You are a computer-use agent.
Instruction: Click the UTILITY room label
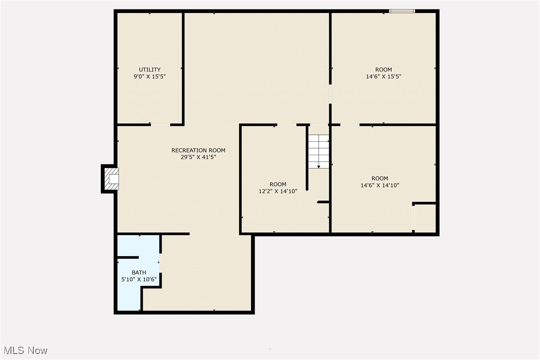(x=150, y=70)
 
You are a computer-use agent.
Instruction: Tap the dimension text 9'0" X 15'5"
(x=150, y=77)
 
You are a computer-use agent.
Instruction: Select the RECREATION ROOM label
(x=198, y=150)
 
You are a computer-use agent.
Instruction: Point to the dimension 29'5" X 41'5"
(x=198, y=157)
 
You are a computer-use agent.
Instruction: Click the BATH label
(x=139, y=272)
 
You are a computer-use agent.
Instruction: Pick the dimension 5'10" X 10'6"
(x=139, y=279)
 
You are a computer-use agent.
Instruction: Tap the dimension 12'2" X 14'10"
(x=278, y=191)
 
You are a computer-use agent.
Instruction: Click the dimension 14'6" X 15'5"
(x=383, y=77)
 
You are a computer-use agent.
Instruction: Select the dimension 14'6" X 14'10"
(x=380, y=185)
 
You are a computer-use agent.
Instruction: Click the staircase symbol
(x=318, y=151)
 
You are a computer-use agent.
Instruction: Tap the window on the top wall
(x=402, y=10)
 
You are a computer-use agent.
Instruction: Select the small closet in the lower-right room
(x=425, y=218)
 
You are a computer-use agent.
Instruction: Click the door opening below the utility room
(x=160, y=124)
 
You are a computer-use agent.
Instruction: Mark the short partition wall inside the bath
(x=128, y=258)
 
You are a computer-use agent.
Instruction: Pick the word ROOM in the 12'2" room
(x=278, y=184)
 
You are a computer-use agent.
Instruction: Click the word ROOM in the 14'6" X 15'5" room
(x=383, y=70)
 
